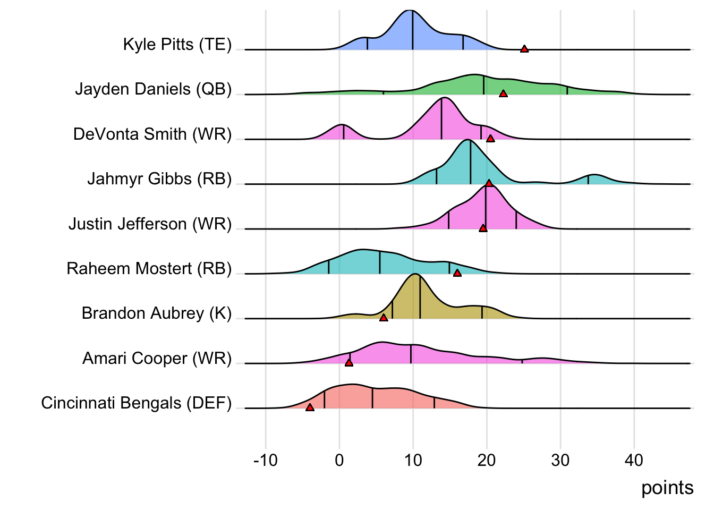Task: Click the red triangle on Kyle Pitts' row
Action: (x=524, y=49)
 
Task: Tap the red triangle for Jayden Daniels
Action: (x=503, y=93)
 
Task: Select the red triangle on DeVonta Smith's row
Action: (x=490, y=139)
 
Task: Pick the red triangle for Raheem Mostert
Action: (x=457, y=273)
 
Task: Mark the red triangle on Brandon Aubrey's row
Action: (x=384, y=318)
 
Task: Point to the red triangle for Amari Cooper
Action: (x=349, y=362)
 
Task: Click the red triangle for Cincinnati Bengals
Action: (x=310, y=407)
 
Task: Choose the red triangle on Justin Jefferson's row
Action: (x=483, y=228)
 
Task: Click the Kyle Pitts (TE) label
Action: (x=177, y=44)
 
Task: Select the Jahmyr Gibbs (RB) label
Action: (x=159, y=179)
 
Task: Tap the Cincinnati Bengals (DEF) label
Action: (x=137, y=403)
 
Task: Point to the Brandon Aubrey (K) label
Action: (x=157, y=313)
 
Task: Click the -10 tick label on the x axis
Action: (x=266, y=460)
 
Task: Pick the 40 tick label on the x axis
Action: (x=634, y=460)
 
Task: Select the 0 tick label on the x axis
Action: (x=339, y=460)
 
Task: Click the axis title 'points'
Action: (x=667, y=488)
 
